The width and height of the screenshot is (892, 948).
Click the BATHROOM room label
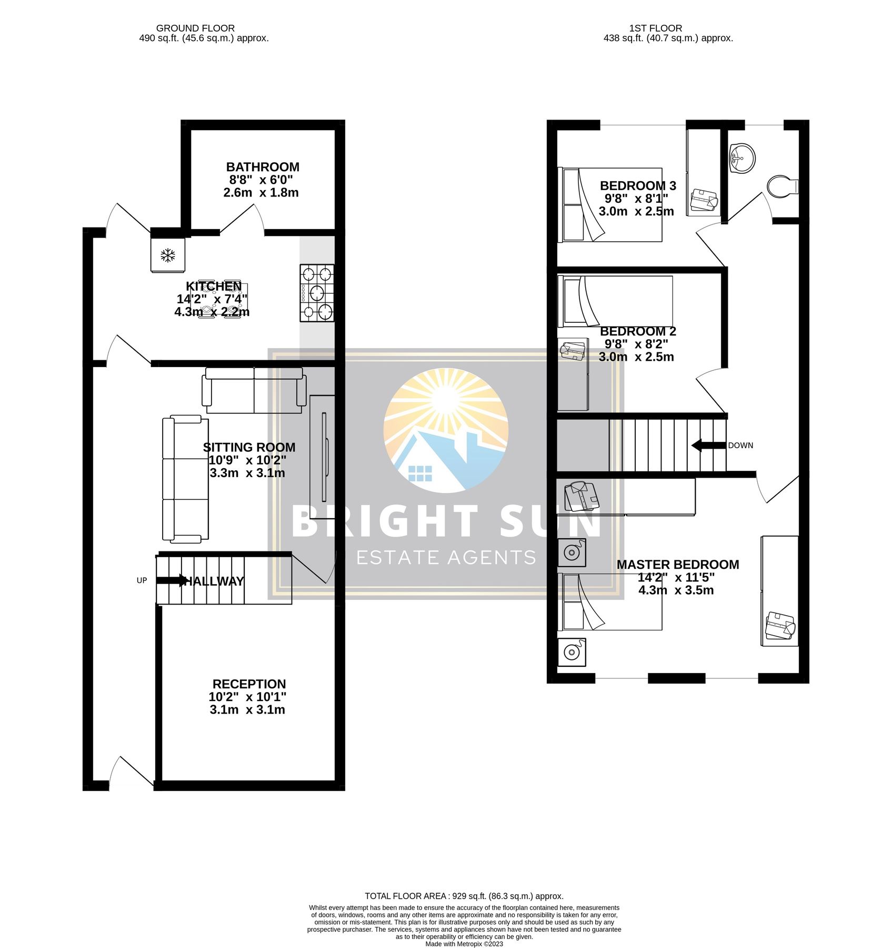pos(263,167)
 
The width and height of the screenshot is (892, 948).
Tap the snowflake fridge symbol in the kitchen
pos(168,256)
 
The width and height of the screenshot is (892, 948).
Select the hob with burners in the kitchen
pos(317,293)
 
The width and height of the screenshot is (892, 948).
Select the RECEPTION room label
pos(249,684)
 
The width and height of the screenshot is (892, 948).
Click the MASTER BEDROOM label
pos(678,565)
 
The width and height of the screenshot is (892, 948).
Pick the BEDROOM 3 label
pos(638,185)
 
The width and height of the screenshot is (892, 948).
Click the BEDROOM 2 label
pos(638,331)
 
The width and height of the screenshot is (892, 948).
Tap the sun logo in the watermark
pos(446,430)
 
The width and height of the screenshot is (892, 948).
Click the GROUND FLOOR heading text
pos(195,28)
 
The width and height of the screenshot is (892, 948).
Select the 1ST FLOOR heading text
pos(656,28)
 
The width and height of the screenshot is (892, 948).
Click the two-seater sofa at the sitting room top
pos(254,390)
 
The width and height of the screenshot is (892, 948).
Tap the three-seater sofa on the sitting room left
pos(185,479)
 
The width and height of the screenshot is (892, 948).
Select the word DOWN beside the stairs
pos(740,446)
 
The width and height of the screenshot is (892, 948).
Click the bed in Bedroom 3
pos(610,205)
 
